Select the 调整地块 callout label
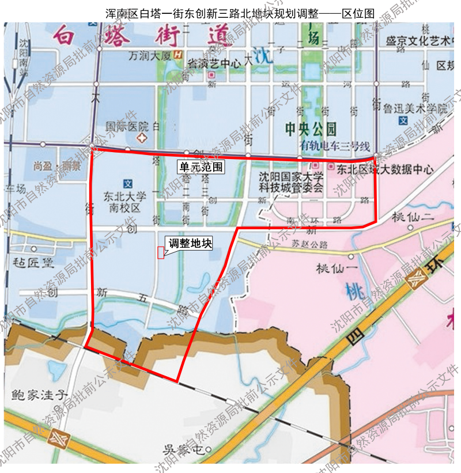(189, 243)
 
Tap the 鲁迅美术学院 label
(416, 108)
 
